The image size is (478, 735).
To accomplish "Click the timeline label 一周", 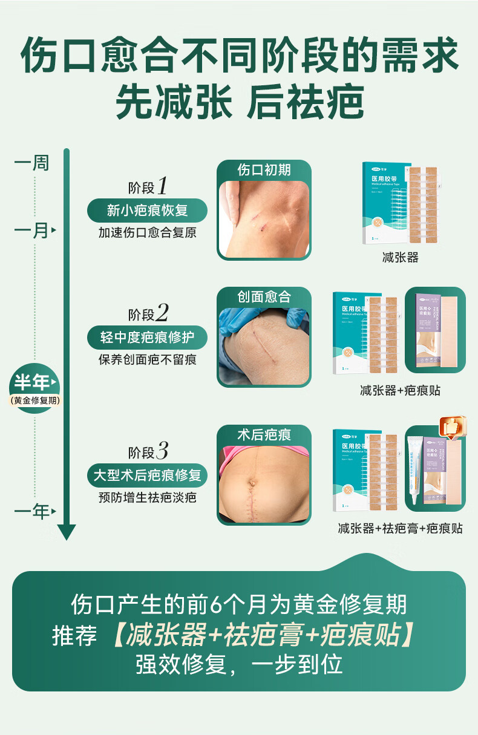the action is coord(32,163).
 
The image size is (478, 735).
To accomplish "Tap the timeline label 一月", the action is coord(32,230).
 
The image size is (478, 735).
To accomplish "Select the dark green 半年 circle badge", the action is coord(34,387).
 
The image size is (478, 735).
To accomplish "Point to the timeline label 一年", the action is coord(32,512).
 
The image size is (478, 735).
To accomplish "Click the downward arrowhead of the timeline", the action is coord(67,532).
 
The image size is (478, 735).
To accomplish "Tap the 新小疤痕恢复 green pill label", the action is coord(148,211).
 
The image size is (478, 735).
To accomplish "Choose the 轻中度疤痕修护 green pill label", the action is coord(148,337).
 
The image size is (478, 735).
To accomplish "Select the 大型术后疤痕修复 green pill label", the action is coord(148,475).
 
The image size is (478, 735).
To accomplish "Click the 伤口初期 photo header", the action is coord(264,170).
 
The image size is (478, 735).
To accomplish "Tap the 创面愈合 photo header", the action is coord(264,296).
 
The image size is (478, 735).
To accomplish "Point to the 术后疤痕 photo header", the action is coord(264,434).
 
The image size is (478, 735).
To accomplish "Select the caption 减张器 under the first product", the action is coord(400,258).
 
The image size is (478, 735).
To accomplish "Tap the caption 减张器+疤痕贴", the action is coord(400,391).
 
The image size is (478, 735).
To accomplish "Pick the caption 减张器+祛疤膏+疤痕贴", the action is coord(400,529).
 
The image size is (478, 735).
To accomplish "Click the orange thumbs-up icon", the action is coord(453,426).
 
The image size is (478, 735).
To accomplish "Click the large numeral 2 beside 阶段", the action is coord(162,313).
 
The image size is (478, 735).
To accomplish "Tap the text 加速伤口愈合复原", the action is coord(148,233).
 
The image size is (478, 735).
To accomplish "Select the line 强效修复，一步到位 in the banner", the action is coord(239,664).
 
